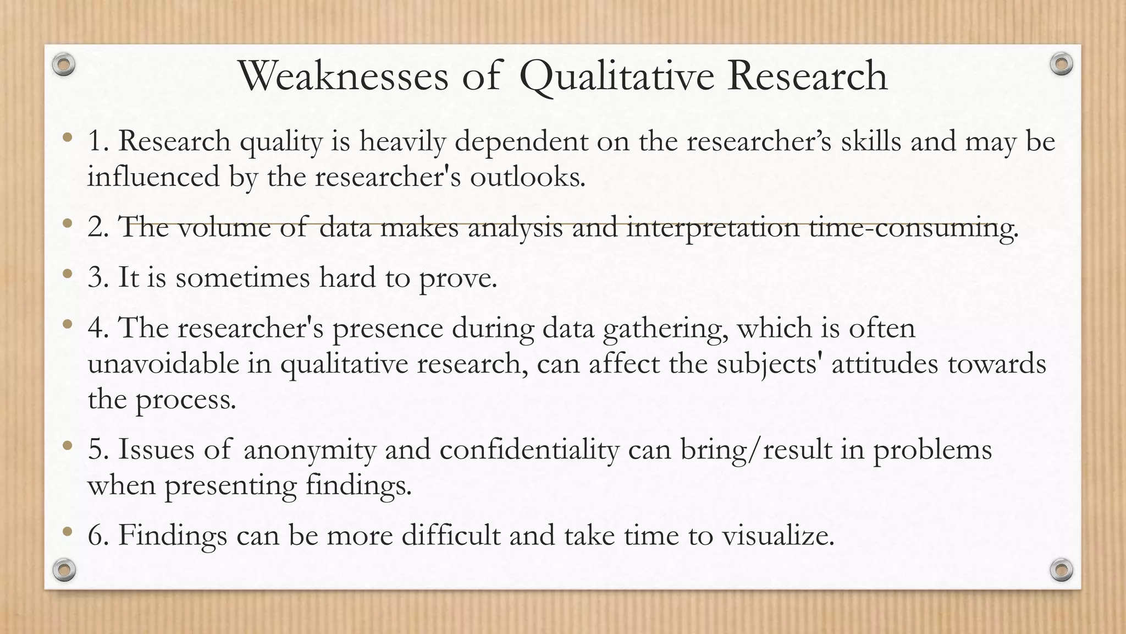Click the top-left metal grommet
point(64,65)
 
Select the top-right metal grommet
point(1061,64)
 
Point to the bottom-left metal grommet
point(64,570)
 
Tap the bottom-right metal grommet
point(1061,570)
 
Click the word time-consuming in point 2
point(913,228)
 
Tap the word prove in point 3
point(457,278)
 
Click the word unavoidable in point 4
point(163,364)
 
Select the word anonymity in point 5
point(309,450)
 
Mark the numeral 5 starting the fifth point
point(95,450)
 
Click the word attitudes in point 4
point(885,364)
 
